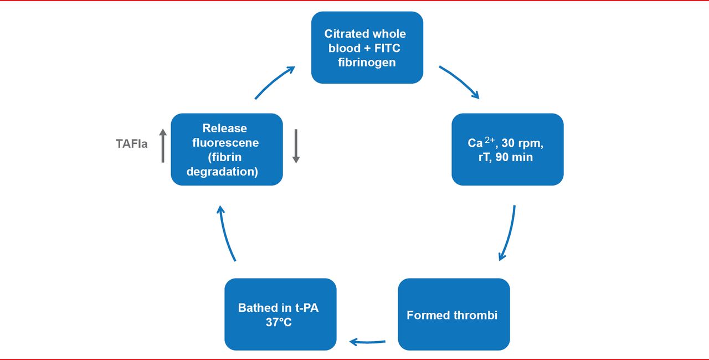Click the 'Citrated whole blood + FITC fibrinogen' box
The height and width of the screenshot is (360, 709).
point(367,48)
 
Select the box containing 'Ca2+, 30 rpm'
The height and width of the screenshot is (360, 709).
point(507,150)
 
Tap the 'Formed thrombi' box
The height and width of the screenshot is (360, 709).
point(454,314)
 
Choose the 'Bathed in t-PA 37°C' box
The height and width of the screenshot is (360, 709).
point(280,314)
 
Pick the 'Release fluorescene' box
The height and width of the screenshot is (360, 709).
point(227,150)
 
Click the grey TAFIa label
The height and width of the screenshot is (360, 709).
point(132,145)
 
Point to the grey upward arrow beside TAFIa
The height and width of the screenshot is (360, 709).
point(163,146)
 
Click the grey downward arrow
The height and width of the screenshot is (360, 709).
point(296,146)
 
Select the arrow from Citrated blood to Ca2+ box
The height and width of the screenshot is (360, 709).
point(459,82)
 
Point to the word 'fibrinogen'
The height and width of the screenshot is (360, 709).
point(367,62)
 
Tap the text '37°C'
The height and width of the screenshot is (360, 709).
point(278,322)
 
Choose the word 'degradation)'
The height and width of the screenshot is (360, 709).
point(222,172)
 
